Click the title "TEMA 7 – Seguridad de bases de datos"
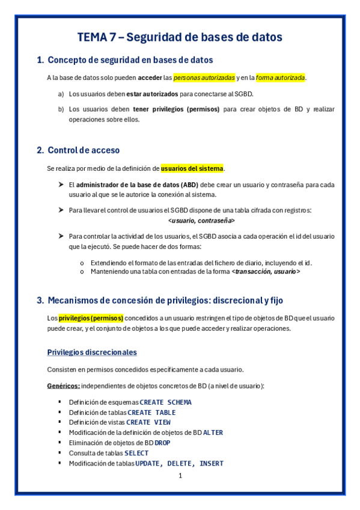[x=180, y=37]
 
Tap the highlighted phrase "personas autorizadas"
[x=204, y=78]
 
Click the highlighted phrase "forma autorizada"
[x=280, y=78]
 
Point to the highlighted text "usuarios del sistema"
[x=192, y=168]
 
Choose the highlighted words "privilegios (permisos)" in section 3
[x=91, y=318]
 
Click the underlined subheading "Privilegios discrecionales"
[x=92, y=352]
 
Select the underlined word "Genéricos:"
[x=63, y=386]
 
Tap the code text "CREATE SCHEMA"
[x=165, y=402]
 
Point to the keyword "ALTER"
[x=213, y=432]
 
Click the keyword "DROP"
[x=162, y=443]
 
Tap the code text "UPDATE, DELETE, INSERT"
[x=180, y=463]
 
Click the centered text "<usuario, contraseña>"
[x=201, y=221]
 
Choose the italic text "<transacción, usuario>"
[x=266, y=272]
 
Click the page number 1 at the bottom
[x=180, y=476]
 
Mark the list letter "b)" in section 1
[x=61, y=109]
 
